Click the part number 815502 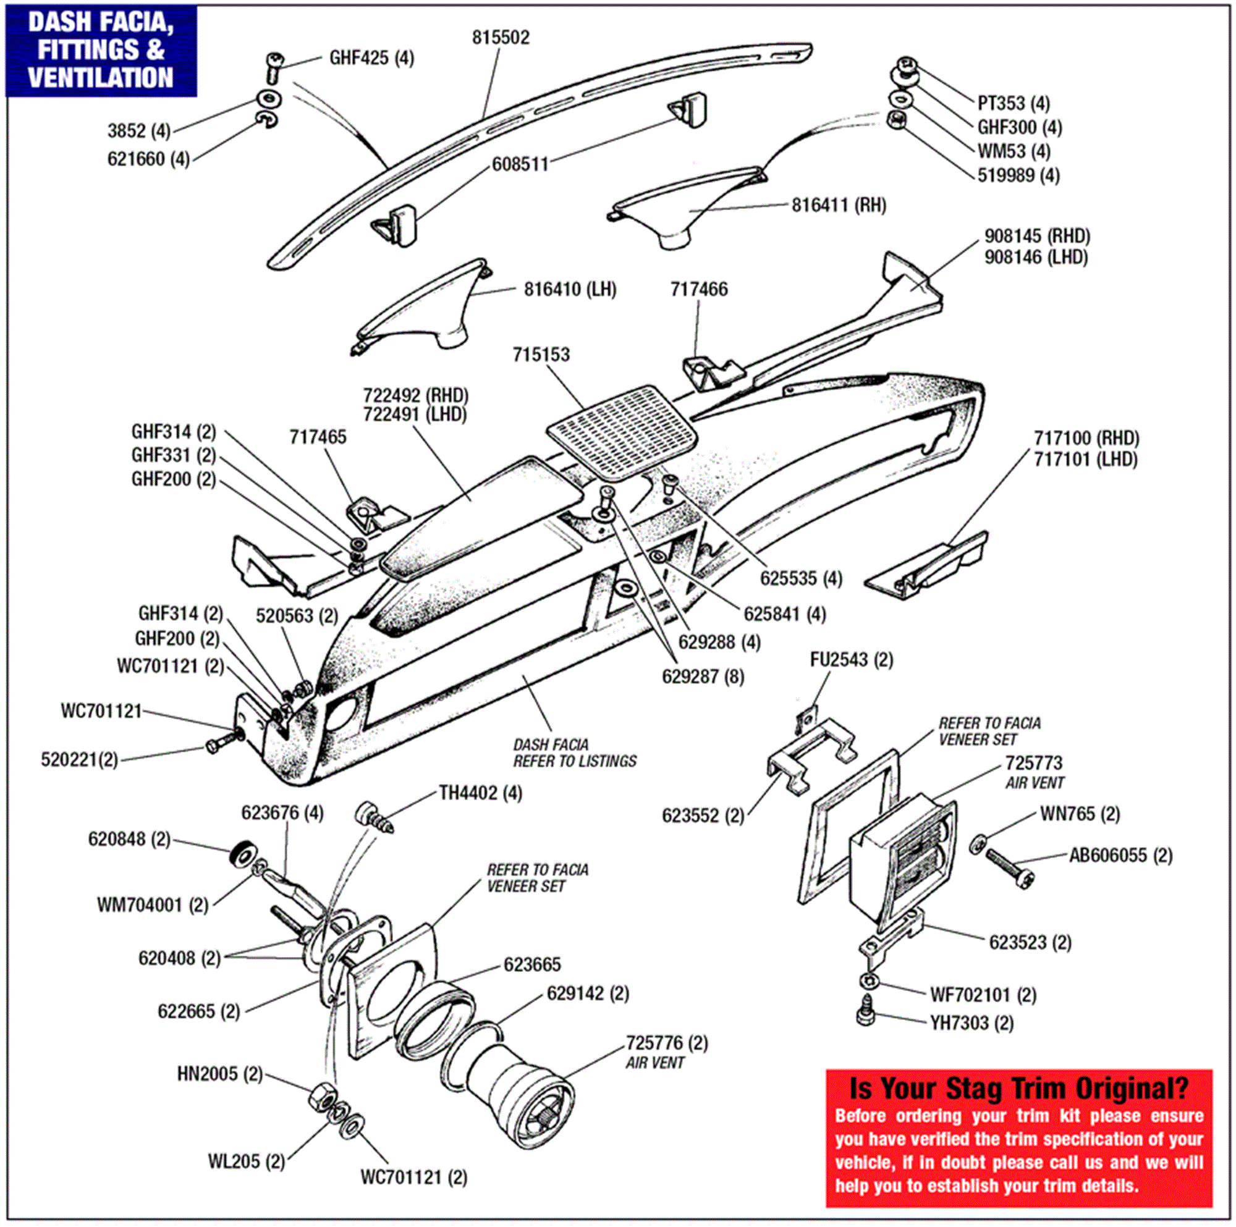(x=501, y=38)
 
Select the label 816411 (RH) (x=838, y=205)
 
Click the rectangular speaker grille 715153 (x=622, y=432)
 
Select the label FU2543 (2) (x=851, y=660)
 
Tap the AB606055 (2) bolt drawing (x=1010, y=867)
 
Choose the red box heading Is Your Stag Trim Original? (x=1018, y=1088)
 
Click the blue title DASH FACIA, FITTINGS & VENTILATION (x=101, y=50)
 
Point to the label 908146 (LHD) (x=1035, y=257)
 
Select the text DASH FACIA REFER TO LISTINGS (x=574, y=753)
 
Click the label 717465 (x=317, y=437)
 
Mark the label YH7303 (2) (x=971, y=1023)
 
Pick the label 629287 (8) (x=703, y=676)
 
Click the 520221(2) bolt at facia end (x=221, y=743)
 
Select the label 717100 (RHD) (x=1086, y=438)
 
